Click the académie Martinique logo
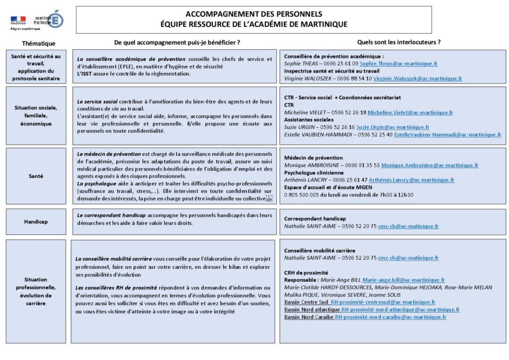pos(48,19)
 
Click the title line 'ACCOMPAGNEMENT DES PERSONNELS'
pos(254,14)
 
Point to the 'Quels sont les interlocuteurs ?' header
pos(399,42)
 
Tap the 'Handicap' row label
pos(36,222)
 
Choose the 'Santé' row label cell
pos(36,176)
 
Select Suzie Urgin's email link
pos(400,127)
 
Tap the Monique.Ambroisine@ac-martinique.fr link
pos(429,165)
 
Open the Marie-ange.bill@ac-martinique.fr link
pos(403,280)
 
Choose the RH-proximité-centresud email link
pos(383,302)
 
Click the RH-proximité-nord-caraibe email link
pos(390,317)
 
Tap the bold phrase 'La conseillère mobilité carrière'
pos(113,259)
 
